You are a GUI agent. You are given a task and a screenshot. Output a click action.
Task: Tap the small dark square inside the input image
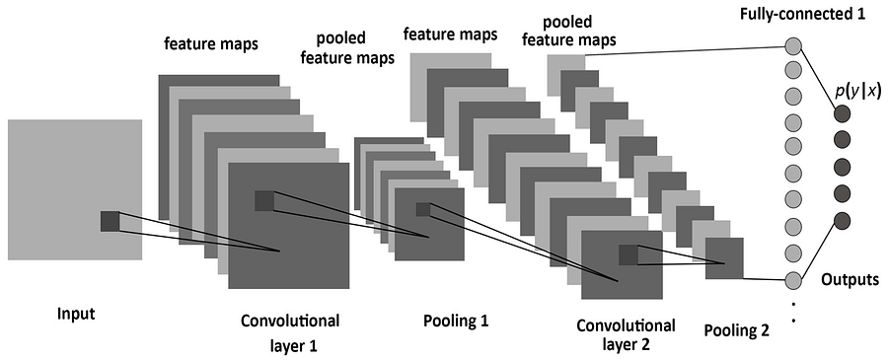(x=110, y=221)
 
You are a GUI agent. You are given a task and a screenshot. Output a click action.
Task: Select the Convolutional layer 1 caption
(x=289, y=333)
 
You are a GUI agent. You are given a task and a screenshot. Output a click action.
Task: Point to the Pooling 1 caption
(x=455, y=321)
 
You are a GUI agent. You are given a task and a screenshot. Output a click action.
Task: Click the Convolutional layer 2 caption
(x=626, y=335)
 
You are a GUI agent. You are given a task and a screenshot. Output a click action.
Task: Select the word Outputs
(x=850, y=280)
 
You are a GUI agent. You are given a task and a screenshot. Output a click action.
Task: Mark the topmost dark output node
(x=842, y=113)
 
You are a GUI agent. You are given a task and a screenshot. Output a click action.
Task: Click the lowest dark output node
(x=842, y=219)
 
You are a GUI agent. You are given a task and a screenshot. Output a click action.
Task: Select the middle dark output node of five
(x=842, y=166)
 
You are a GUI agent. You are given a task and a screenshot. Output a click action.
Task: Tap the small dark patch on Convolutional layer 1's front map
(x=264, y=200)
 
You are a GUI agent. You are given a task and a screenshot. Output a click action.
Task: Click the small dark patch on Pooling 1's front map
(x=423, y=209)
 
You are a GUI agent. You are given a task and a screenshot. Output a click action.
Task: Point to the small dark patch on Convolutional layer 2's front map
(x=629, y=254)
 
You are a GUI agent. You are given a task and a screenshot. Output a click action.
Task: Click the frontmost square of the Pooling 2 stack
(x=723, y=258)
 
